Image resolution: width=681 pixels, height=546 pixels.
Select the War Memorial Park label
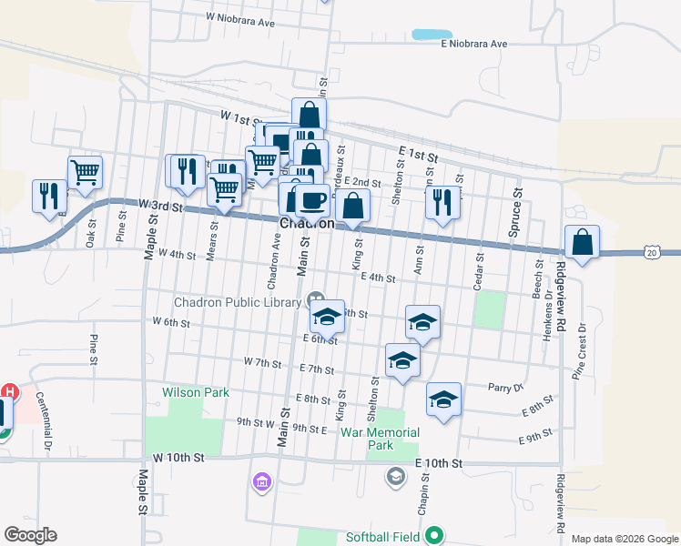pyautogui.click(x=380, y=439)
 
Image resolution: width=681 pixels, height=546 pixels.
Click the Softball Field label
pyautogui.click(x=382, y=537)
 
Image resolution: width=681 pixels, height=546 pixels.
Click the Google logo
pyautogui.click(x=30, y=535)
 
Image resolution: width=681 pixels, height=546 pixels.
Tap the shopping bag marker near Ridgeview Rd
pyautogui.click(x=582, y=243)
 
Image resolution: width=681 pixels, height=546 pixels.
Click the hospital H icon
pyautogui.click(x=9, y=392)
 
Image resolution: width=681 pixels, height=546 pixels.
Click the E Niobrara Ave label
pyautogui.click(x=473, y=44)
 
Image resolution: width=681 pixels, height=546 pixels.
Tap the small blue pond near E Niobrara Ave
pyautogui.click(x=432, y=35)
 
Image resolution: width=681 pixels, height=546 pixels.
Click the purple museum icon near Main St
pyautogui.click(x=262, y=481)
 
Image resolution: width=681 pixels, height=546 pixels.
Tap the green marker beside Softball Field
pyautogui.click(x=435, y=536)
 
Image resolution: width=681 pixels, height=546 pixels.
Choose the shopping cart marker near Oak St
pyautogui.click(x=85, y=170)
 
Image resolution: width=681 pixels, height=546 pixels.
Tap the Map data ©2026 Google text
pyautogui.click(x=624, y=539)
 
